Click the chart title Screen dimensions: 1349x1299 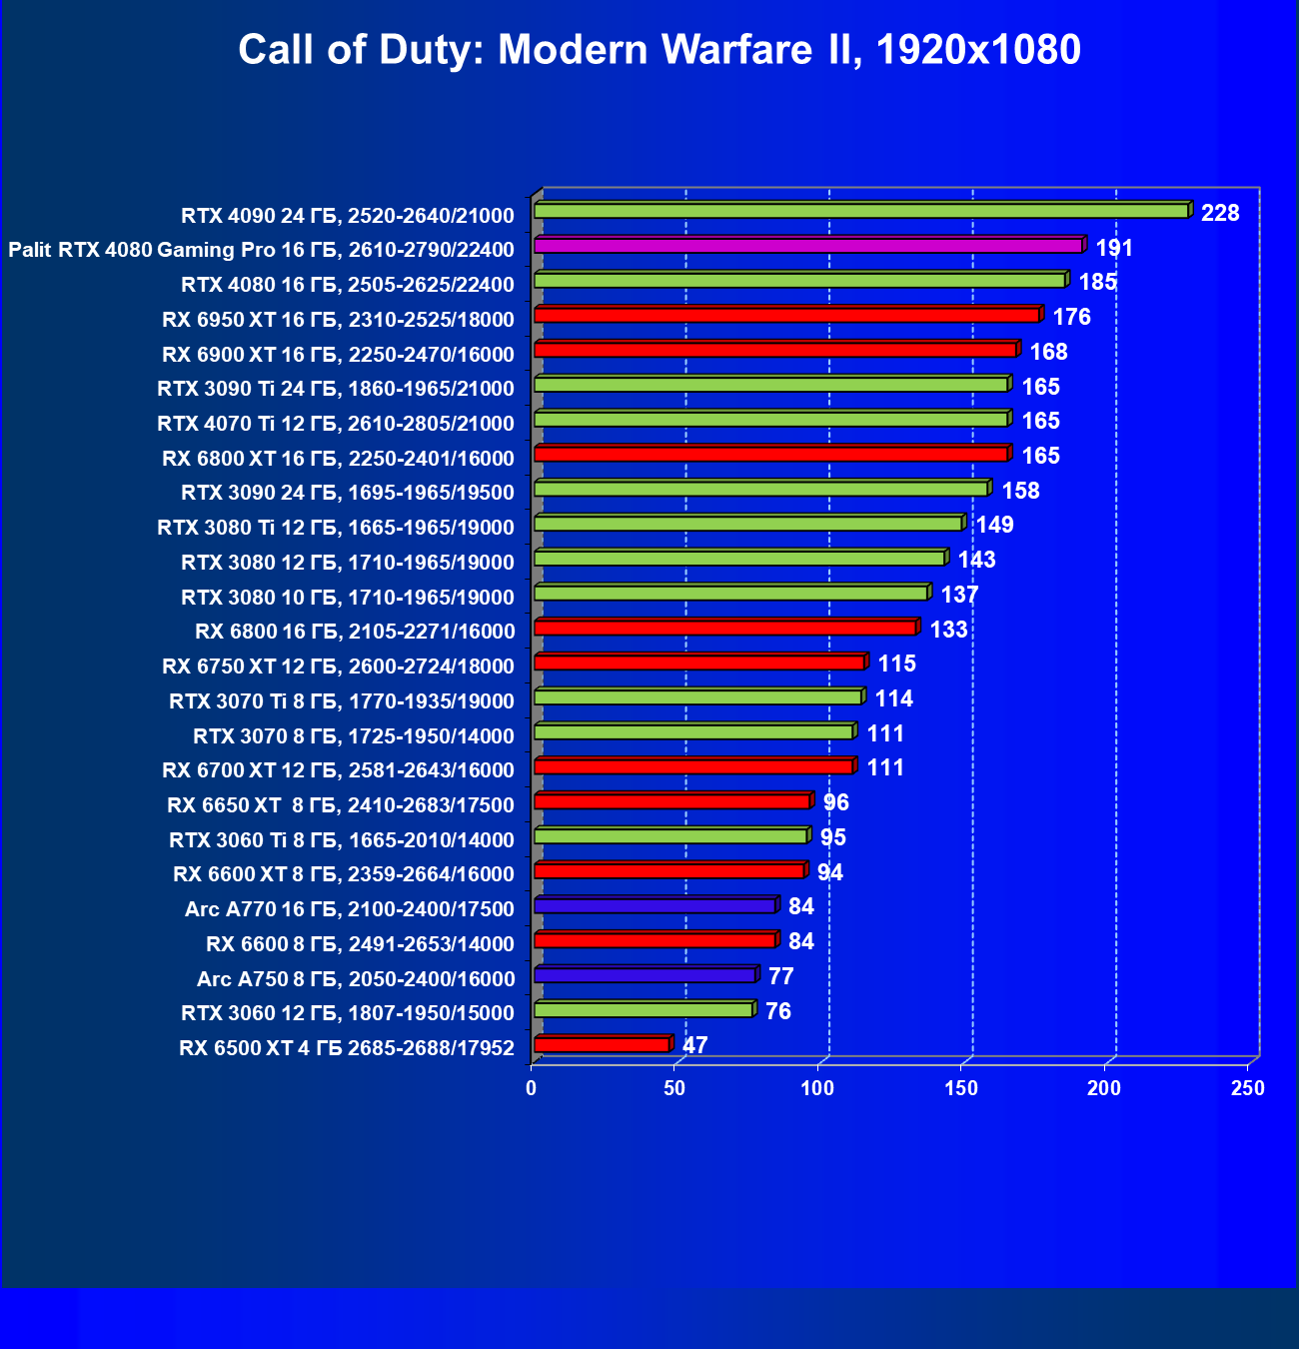tap(659, 49)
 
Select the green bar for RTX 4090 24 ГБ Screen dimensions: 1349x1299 tap(860, 211)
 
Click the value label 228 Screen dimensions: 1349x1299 tap(1220, 213)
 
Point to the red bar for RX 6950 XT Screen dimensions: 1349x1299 tap(786, 316)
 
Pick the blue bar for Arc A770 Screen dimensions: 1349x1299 tap(654, 905)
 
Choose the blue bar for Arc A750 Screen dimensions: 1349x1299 tap(645, 975)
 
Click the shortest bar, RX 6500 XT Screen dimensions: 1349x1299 tap(602, 1044)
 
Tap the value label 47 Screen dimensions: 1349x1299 tap(694, 1045)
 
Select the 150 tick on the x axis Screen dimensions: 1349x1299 tap(961, 1088)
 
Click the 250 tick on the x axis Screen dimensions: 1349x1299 tap(1248, 1088)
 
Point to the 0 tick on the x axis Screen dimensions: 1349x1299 tap(532, 1088)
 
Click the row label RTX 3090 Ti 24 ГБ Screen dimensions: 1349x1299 tap(336, 389)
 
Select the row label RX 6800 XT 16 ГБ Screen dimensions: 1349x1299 tap(338, 459)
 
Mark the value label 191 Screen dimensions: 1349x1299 tap(1114, 248)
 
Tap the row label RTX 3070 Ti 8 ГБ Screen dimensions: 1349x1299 tap(342, 701)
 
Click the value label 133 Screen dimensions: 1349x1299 tap(948, 630)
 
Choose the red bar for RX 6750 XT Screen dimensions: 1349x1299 tap(698, 663)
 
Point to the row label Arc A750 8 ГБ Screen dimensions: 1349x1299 tap(356, 979)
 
